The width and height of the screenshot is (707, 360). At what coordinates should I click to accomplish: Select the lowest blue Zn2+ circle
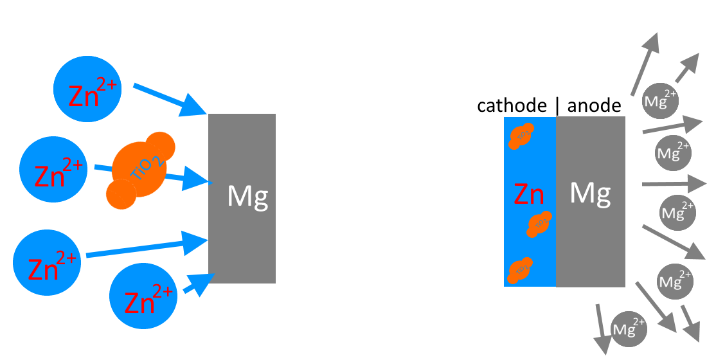point(143,295)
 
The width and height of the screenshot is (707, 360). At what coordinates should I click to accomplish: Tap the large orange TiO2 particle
point(138,170)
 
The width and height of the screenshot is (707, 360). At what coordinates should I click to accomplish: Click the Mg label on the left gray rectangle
point(247,195)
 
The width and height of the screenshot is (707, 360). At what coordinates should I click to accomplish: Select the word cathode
point(512,105)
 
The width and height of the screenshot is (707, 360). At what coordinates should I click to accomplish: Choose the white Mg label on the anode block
point(590,192)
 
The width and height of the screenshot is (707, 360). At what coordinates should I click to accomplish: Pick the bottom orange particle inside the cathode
point(521,270)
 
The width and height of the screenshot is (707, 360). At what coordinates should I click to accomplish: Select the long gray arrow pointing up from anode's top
point(645,64)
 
